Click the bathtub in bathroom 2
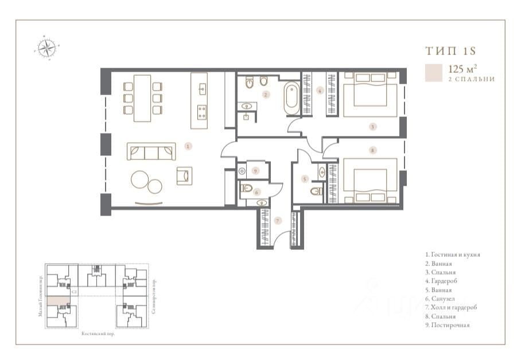(291, 98)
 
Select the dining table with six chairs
(142, 97)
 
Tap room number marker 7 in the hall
(277, 220)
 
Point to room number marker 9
(256, 170)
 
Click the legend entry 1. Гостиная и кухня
(452, 254)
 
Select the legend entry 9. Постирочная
(448, 325)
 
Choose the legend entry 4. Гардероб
(441, 281)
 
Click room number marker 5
(305, 178)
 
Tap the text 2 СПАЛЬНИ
(471, 79)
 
